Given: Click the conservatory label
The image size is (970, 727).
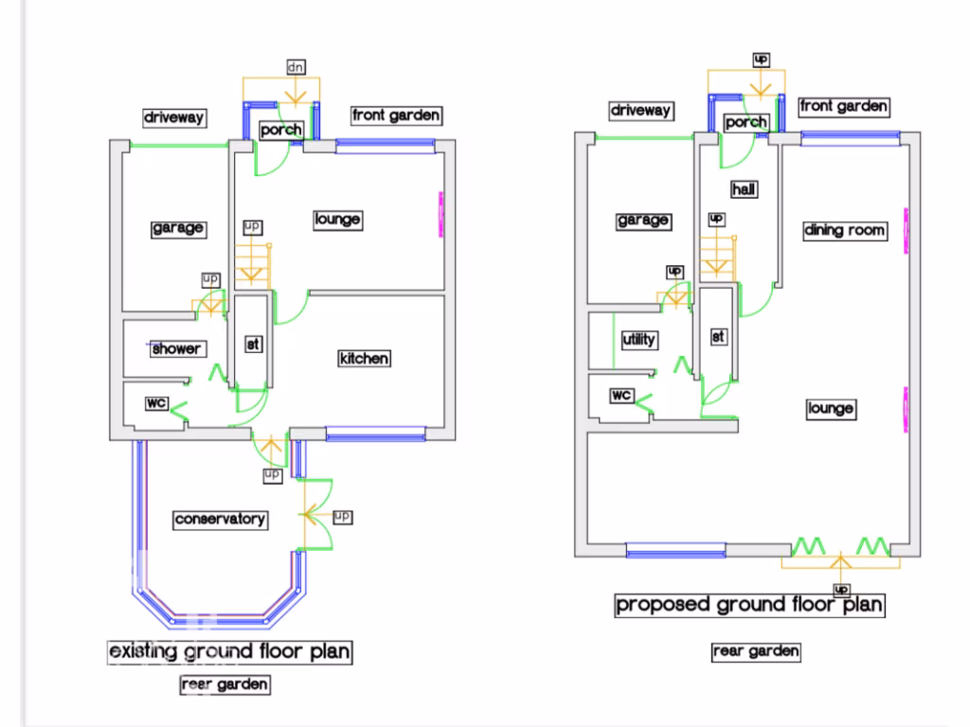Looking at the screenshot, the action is pos(220,520).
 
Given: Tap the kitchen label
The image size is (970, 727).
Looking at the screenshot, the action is pos(365,359).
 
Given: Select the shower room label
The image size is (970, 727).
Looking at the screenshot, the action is pos(176,348).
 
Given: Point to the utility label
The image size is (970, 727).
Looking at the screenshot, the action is pos(639,340).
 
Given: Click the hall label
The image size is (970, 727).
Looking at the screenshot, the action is pos(744,189).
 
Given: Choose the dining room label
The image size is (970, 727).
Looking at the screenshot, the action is pos(845,231).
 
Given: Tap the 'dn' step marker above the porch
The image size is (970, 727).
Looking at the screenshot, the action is pos(296,67).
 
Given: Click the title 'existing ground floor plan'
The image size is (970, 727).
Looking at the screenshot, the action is pos(229,652).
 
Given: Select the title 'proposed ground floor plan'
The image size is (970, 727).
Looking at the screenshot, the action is pos(750,605).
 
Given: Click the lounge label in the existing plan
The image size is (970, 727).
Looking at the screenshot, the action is pos(338,220).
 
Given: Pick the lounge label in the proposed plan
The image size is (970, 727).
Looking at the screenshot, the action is pos(832,409).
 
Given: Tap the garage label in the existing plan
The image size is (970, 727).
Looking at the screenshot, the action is pos(178,228).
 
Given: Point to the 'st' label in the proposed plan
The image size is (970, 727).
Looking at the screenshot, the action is pos(718,337).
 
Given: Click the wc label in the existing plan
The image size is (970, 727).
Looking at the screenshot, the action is pos(156,403).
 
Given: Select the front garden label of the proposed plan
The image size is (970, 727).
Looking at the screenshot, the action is pos(844,106).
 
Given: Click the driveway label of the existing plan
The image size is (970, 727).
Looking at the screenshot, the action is pos(174,117).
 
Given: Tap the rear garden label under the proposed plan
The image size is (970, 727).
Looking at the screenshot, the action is pos(756,651).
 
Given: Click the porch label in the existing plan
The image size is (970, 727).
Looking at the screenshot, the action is pos(280,130).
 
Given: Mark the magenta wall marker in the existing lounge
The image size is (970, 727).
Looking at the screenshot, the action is pos(441,215).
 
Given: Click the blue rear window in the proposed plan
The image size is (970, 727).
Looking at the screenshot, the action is pos(675,550).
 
